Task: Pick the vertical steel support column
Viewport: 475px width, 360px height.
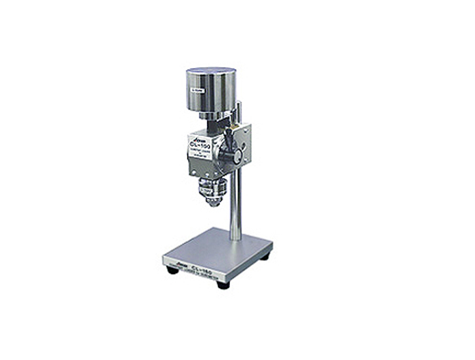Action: click(235, 204)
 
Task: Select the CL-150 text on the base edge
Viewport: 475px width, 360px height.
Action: click(204, 266)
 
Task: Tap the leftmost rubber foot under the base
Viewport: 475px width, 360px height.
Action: click(173, 270)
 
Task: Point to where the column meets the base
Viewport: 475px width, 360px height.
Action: click(235, 238)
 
